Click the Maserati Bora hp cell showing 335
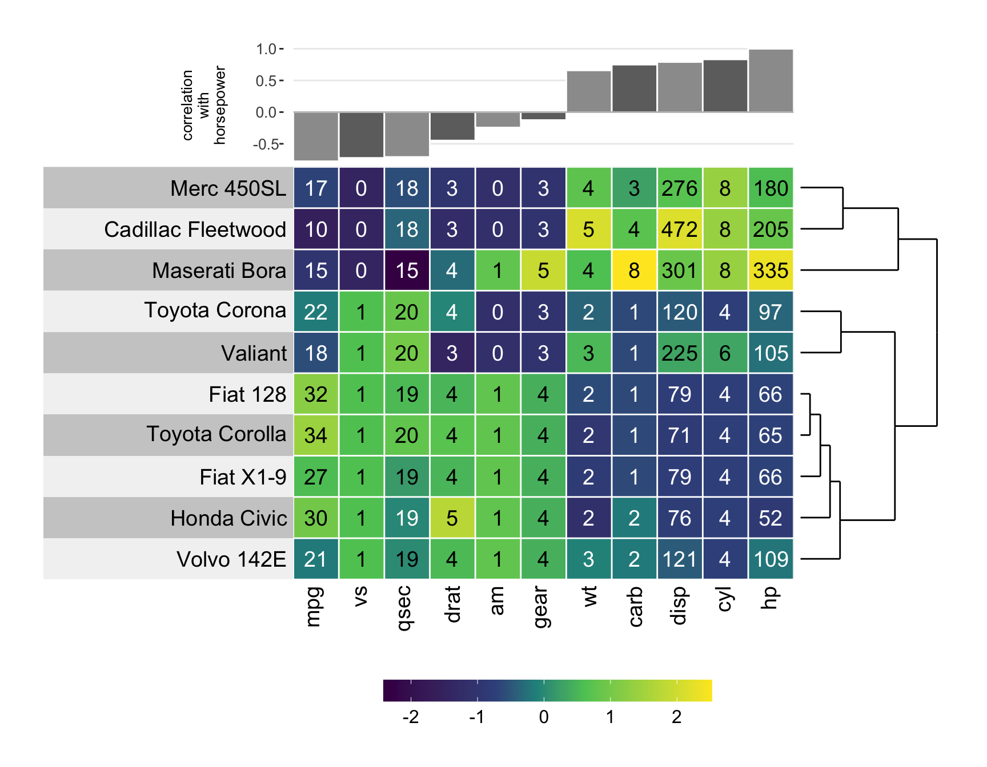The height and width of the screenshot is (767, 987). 771,271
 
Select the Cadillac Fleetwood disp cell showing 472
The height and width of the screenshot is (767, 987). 680,229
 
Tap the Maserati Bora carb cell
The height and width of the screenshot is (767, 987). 634,271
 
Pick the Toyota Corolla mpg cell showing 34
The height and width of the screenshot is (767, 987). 316,435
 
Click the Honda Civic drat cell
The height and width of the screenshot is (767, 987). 452,518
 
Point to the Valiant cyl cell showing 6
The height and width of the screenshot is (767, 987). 725,353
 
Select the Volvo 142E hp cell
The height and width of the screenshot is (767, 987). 771,559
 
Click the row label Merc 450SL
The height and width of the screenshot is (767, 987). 228,188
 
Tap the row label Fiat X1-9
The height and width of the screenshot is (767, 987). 243,477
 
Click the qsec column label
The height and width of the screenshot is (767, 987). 404,608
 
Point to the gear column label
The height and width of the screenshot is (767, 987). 541,607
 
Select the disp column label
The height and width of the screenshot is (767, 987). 679,605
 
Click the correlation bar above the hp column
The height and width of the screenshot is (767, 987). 771,80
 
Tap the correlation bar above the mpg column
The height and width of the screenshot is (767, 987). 316,136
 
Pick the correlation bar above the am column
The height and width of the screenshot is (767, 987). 497,119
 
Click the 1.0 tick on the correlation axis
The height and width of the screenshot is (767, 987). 266,49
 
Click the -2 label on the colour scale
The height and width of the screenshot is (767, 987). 411,717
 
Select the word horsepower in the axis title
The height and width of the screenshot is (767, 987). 220,105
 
